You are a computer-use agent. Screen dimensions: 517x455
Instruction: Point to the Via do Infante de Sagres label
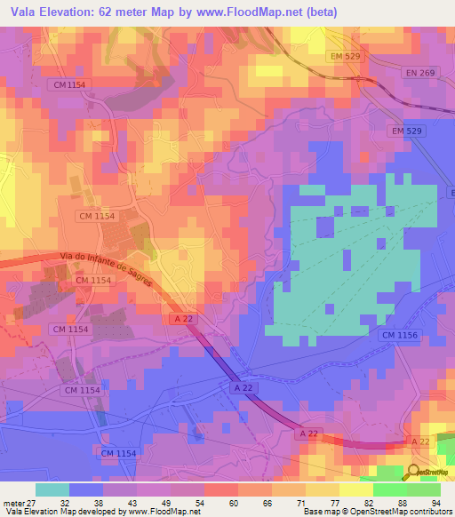point(104,268)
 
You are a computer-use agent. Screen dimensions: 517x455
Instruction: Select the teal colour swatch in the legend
point(52,489)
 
